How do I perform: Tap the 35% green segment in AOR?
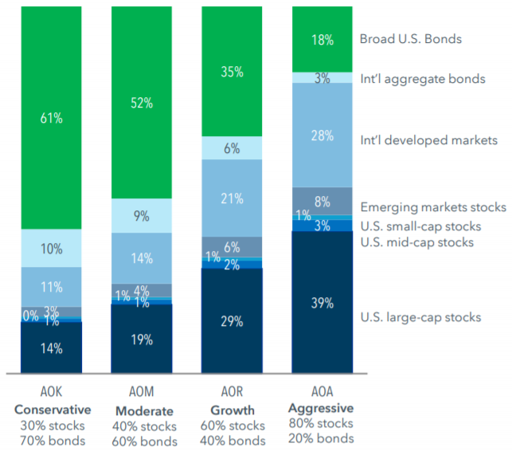[x=232, y=72]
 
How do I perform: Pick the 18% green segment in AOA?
[x=322, y=40]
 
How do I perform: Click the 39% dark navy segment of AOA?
[x=322, y=303]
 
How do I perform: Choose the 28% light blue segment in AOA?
[x=322, y=135]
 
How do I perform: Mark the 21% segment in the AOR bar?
[x=232, y=198]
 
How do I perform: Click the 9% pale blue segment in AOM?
[x=142, y=215]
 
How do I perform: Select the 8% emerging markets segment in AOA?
[x=322, y=201]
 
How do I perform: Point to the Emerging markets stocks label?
[x=433, y=207]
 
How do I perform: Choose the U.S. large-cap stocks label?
[x=420, y=317]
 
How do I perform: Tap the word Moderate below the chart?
[x=142, y=410]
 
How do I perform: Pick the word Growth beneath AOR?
[x=232, y=410]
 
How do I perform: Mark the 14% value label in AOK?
[x=52, y=348]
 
